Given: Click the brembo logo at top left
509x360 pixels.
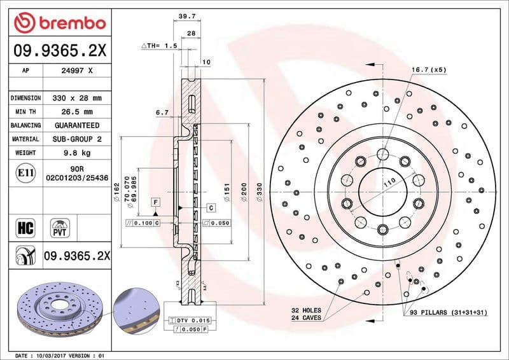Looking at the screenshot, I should point(59,24).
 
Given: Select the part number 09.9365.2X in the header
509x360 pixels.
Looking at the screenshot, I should point(59,49).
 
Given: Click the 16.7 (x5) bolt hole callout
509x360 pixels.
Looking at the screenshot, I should point(429,69).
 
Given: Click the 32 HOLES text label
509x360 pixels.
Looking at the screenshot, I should point(306,310).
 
